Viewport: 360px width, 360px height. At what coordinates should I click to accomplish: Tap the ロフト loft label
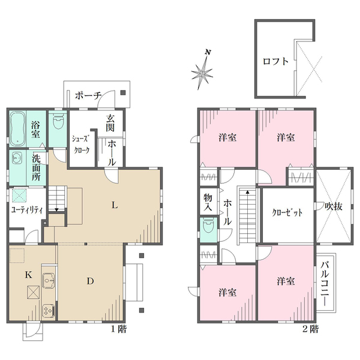pyautogui.click(x=275, y=61)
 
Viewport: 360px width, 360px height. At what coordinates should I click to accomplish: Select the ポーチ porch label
pyautogui.click(x=88, y=95)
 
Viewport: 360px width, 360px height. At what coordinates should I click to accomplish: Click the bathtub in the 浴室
pyautogui.click(x=17, y=128)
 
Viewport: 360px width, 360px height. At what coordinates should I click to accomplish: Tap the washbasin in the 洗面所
pyautogui.click(x=17, y=158)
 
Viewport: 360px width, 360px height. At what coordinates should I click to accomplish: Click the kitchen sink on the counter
pyautogui.click(x=49, y=281)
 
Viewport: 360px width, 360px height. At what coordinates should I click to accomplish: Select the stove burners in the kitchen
pyautogui.click(x=49, y=311)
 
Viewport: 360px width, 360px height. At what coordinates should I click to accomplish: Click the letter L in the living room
pyautogui.click(x=115, y=205)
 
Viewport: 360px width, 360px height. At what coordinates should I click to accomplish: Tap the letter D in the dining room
pyautogui.click(x=90, y=281)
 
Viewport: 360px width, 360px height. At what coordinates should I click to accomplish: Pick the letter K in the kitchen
pyautogui.click(x=28, y=275)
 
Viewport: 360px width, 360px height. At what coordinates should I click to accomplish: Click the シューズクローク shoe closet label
pyautogui.click(x=80, y=145)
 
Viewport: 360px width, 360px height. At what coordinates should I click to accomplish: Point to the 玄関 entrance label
pyautogui.click(x=110, y=123)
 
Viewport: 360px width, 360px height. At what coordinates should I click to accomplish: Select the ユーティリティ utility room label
pyautogui.click(x=27, y=210)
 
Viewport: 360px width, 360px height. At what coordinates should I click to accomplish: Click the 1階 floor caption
pyautogui.click(x=119, y=329)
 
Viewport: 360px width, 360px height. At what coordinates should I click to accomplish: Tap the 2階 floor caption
pyautogui.click(x=310, y=329)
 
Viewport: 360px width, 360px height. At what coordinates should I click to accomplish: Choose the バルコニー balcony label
pyautogui.click(x=325, y=284)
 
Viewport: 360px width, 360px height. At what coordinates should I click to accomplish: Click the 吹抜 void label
pyautogui.click(x=334, y=206)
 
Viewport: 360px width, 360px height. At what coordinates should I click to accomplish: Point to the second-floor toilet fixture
pyautogui.click(x=208, y=226)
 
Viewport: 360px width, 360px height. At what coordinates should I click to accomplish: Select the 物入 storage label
pyautogui.click(x=208, y=202)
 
